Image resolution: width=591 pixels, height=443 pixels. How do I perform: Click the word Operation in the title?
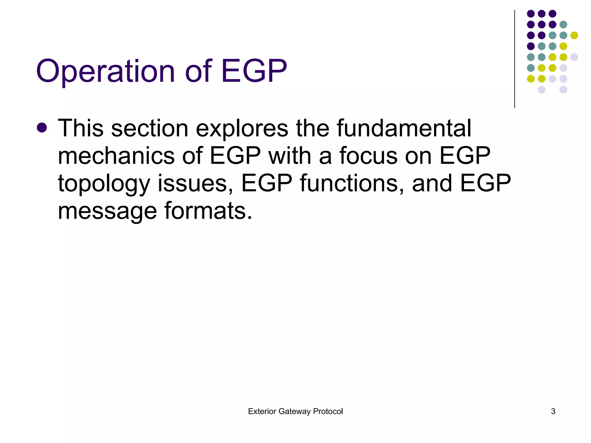click(x=106, y=71)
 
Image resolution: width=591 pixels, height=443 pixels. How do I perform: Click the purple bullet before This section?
click(x=42, y=127)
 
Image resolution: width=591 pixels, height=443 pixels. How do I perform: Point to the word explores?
click(x=242, y=129)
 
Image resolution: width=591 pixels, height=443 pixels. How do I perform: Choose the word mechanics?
click(x=116, y=156)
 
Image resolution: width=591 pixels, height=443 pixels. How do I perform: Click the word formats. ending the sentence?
click(x=208, y=211)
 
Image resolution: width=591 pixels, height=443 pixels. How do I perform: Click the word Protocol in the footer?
click(x=328, y=411)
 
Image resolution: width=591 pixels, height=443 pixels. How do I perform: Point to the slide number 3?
click(x=553, y=411)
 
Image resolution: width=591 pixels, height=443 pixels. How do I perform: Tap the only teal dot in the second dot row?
click(x=563, y=25)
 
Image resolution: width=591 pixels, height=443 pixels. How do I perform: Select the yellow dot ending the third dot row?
click(x=574, y=35)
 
